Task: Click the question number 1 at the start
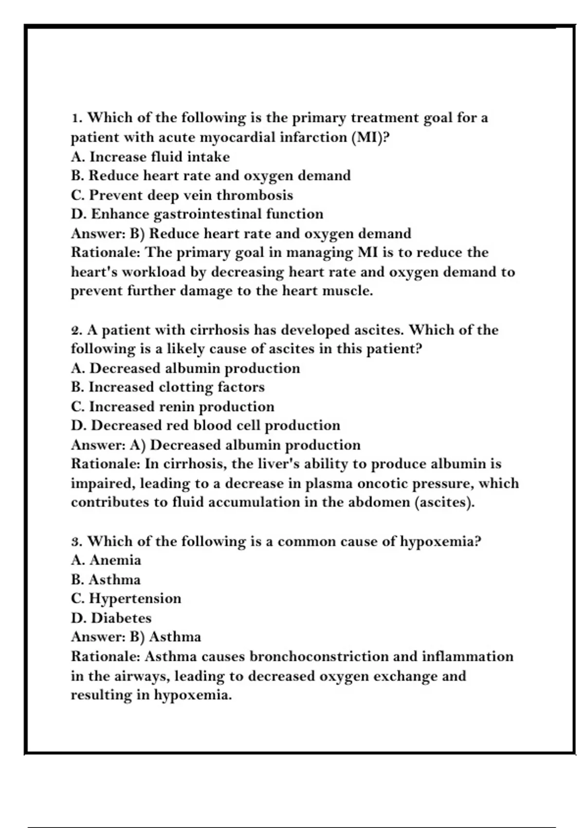click(x=74, y=118)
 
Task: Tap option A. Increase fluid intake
click(x=150, y=157)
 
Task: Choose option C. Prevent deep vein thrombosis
click(x=182, y=195)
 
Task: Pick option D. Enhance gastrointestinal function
click(x=197, y=214)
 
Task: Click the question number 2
click(x=76, y=330)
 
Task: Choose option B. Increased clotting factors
click(x=167, y=387)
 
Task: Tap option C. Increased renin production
click(x=172, y=407)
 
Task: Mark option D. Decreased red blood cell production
click(x=205, y=426)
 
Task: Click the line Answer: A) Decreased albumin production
click(x=216, y=445)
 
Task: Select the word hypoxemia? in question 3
click(x=440, y=542)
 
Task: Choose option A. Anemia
click(x=106, y=561)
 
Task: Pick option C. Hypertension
click(x=126, y=599)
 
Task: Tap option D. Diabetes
click(x=111, y=618)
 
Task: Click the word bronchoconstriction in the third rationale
click(x=319, y=657)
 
